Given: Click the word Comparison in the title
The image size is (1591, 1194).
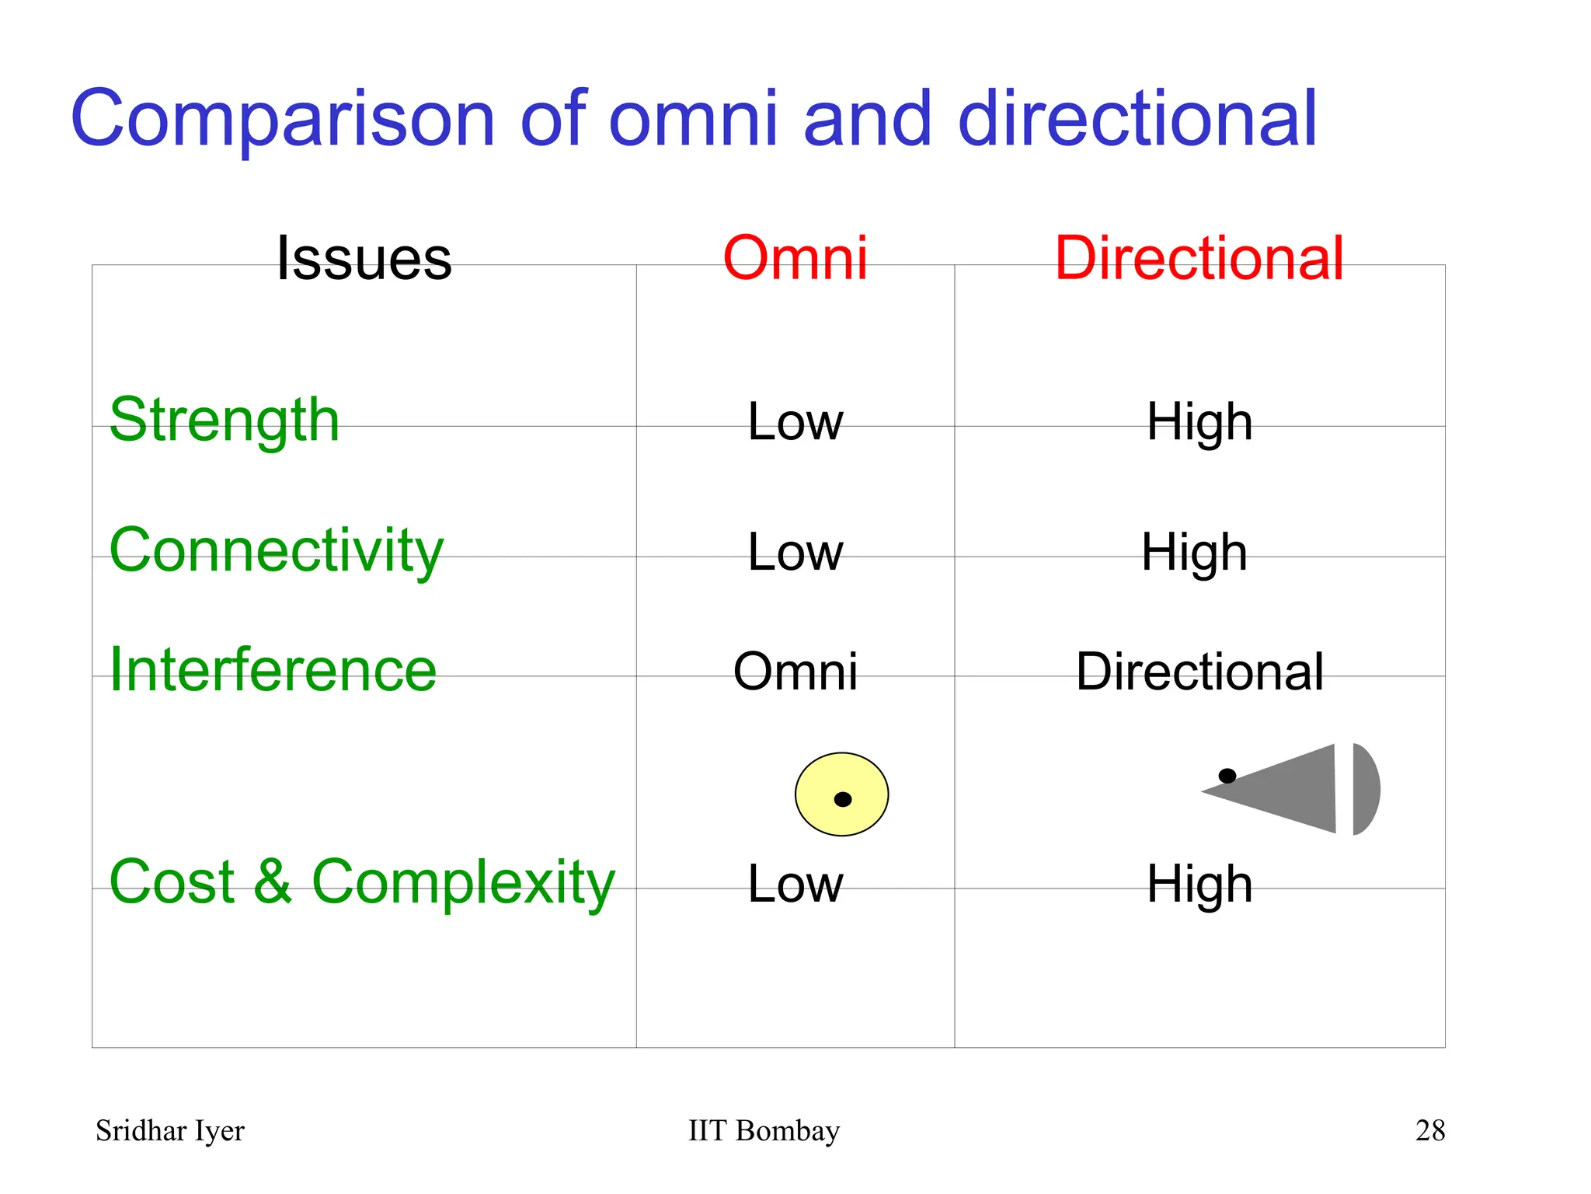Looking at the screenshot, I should (283, 119).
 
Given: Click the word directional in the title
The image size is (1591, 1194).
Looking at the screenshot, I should (1137, 119).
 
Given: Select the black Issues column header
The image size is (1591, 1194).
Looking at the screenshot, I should (364, 258).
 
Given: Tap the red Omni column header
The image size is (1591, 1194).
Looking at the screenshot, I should (795, 258).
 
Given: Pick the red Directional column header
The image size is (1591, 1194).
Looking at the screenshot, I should (1199, 258).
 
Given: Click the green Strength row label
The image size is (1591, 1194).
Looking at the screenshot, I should (225, 420).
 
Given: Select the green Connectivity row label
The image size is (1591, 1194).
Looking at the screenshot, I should (276, 550).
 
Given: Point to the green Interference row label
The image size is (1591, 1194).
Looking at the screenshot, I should (273, 670).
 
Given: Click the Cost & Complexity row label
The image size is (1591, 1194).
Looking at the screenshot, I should (362, 882).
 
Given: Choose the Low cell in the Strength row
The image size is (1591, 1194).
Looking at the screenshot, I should (795, 422).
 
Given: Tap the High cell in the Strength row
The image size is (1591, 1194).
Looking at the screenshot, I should (1199, 422).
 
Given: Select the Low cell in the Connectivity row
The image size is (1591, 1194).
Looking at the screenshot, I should (795, 553).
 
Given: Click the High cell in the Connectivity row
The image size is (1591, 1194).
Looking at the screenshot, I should (1194, 553).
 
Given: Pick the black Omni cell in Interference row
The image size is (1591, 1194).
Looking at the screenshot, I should (795, 672).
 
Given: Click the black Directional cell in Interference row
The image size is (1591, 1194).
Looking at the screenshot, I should (1199, 672).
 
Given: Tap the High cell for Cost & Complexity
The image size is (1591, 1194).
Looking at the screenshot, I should (1199, 885).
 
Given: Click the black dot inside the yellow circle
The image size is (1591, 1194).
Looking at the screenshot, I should (843, 799).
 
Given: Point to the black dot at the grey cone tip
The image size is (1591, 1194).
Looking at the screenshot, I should (1227, 776).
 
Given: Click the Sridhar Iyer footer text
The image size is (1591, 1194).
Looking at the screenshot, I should (169, 1131).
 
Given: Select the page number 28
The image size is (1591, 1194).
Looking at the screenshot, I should (1429, 1131).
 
